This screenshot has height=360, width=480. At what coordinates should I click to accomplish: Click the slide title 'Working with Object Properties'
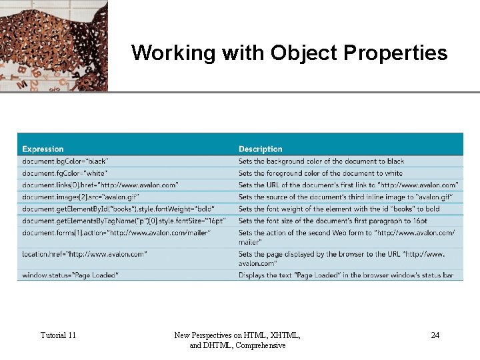(289, 53)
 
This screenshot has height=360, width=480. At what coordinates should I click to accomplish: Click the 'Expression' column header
(43, 149)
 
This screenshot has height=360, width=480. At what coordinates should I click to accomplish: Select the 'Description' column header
(261, 149)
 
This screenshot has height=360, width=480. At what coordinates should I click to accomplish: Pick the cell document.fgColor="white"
(65, 173)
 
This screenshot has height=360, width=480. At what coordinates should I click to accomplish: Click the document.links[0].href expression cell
(100, 185)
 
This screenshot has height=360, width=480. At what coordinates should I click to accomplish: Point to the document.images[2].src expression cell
(89, 197)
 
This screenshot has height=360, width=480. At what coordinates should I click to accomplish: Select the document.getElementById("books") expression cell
(118, 209)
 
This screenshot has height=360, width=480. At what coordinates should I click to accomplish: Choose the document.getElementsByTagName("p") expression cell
(124, 221)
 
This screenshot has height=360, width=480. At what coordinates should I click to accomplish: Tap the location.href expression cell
(85, 254)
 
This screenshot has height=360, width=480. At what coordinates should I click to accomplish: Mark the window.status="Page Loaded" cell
(70, 275)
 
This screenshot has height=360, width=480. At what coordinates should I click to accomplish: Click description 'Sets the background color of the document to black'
(321, 161)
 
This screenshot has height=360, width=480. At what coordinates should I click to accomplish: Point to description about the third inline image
(345, 197)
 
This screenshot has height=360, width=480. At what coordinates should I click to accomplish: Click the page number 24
(435, 335)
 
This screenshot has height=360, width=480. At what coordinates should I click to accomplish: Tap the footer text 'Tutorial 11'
(58, 335)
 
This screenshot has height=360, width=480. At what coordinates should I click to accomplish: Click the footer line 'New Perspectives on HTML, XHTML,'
(237, 335)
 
